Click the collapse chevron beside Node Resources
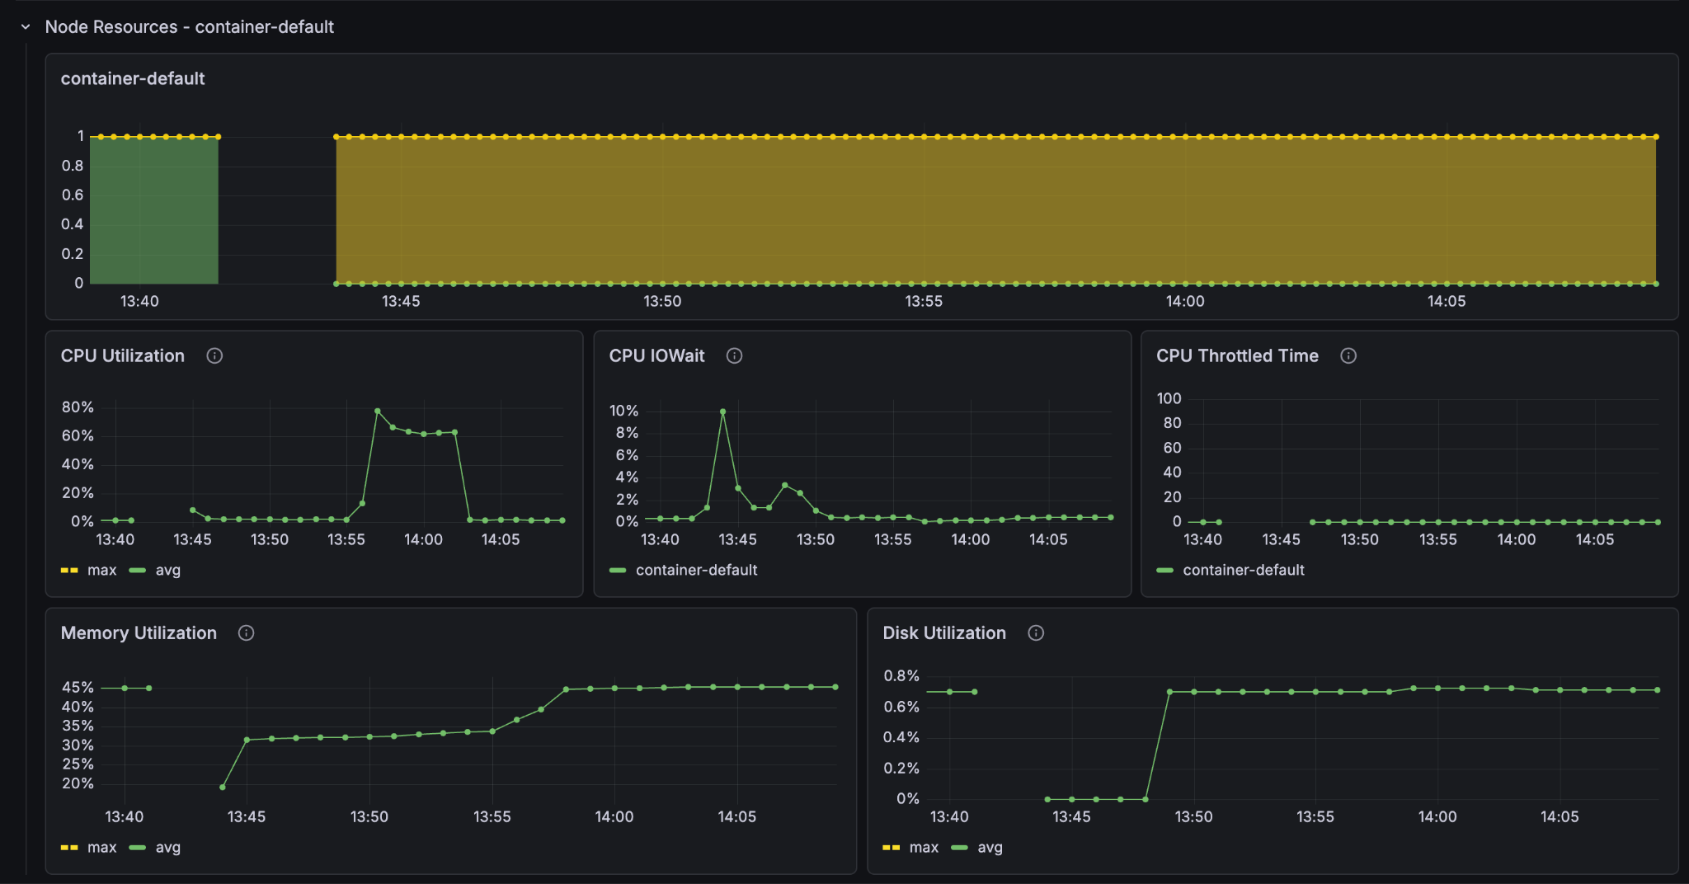(x=26, y=27)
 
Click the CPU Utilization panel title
(x=123, y=355)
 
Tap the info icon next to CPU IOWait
(x=734, y=355)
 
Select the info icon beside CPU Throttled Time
(x=1348, y=355)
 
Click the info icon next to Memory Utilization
(x=246, y=632)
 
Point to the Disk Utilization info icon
(x=1036, y=632)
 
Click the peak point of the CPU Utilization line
(x=378, y=411)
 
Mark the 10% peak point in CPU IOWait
(x=722, y=411)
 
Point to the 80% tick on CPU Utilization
(x=78, y=407)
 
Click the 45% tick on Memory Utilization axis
(x=78, y=687)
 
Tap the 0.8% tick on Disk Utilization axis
(x=901, y=676)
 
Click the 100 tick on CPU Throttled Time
(x=1169, y=398)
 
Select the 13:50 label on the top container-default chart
(x=662, y=301)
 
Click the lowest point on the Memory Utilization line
(x=223, y=788)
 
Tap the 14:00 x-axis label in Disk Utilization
(x=1437, y=816)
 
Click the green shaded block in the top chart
(x=154, y=210)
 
